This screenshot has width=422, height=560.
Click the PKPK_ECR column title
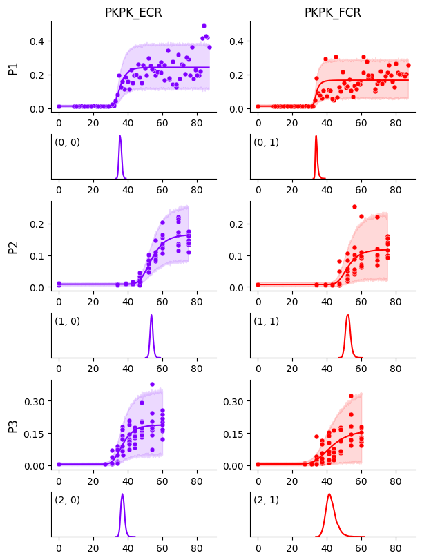(x=133, y=12)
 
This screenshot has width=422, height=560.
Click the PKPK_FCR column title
(x=333, y=12)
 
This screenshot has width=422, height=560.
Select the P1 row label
(x=13, y=67)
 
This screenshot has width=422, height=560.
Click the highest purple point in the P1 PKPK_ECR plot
(x=204, y=26)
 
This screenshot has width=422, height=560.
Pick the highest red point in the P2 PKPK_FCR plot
(x=354, y=206)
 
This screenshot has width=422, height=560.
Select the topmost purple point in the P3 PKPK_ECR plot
(x=152, y=385)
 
